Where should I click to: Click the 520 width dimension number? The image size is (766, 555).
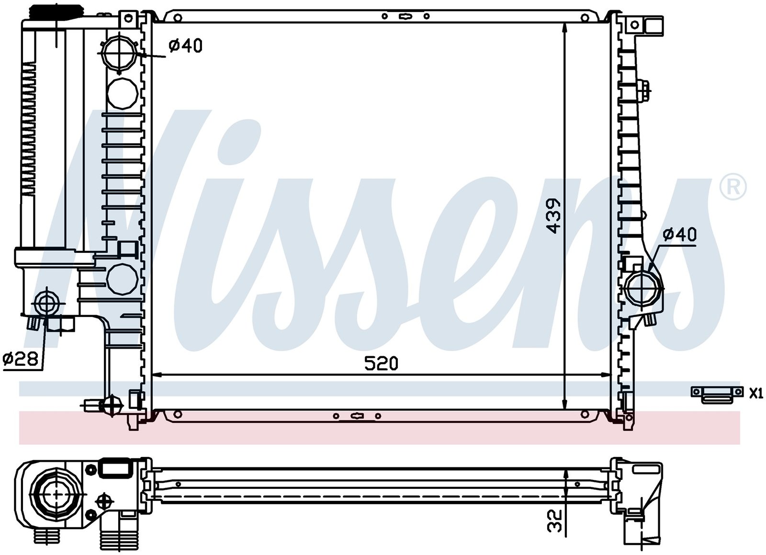pos(381,363)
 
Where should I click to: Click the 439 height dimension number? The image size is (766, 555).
pos(553,215)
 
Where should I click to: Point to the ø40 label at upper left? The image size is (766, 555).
pos(186,45)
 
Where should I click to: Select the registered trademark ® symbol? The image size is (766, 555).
pos(733,187)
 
